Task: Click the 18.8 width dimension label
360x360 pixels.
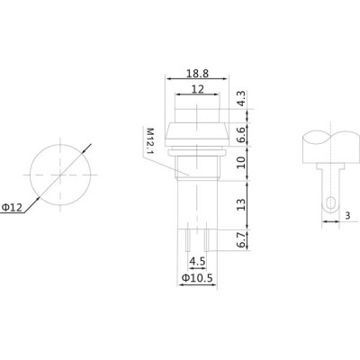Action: click(197, 74)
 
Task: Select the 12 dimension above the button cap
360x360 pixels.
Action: click(197, 89)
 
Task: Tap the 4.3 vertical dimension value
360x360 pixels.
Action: click(241, 99)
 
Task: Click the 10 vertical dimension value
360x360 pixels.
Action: click(241, 162)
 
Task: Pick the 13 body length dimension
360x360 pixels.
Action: click(241, 204)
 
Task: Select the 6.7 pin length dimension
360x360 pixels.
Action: click(241, 240)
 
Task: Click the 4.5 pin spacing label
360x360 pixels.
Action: click(197, 261)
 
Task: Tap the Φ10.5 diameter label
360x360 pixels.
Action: click(197, 278)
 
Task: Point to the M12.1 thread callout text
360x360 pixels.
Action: click(149, 141)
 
